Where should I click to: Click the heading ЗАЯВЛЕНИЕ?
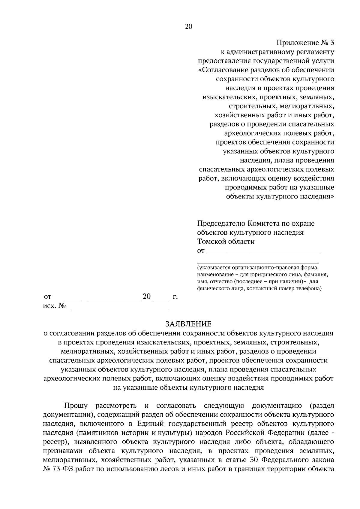pyautogui.click(x=188, y=324)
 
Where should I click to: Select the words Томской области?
pyautogui.click(x=226, y=242)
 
